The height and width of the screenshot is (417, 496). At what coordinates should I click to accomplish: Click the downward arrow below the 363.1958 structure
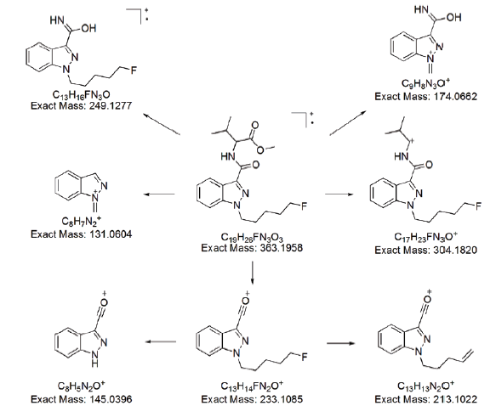click(x=252, y=272)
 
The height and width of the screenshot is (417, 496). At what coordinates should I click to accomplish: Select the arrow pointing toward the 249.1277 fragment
click(x=162, y=124)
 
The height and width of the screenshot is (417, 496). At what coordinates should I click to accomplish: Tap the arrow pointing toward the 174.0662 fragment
click(x=348, y=123)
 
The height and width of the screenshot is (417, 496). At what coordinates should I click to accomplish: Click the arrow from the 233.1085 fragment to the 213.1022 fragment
click(x=340, y=343)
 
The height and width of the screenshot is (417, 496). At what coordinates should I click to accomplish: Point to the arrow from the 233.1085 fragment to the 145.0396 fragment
click(x=161, y=341)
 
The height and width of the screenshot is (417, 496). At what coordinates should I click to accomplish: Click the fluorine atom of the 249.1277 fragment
click(x=134, y=70)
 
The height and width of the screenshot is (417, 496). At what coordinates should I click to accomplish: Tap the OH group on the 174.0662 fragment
click(x=454, y=17)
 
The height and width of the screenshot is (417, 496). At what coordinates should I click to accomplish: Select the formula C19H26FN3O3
click(x=252, y=237)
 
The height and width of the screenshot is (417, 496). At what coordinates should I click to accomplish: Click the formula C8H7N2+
click(x=82, y=222)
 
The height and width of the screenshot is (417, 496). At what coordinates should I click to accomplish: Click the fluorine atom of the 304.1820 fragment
click(x=477, y=206)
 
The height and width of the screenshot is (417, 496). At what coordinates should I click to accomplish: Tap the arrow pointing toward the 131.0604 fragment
click(x=159, y=194)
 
